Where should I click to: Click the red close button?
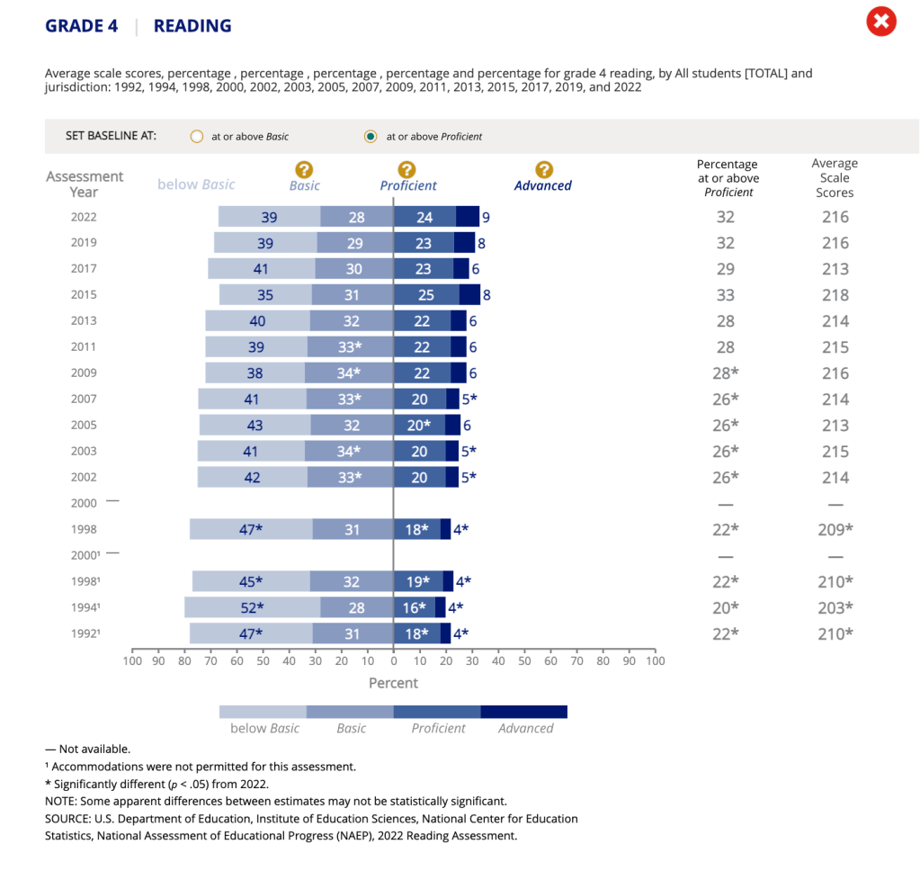(881, 22)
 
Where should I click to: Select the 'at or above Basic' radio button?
(197, 137)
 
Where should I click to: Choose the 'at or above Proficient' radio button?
(370, 137)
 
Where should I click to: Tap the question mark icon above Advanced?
(543, 169)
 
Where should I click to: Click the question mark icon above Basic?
(304, 169)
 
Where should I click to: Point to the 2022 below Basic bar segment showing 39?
(269, 217)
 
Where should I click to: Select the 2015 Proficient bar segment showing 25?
(426, 294)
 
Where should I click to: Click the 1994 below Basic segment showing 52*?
(252, 607)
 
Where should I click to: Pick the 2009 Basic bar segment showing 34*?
(349, 373)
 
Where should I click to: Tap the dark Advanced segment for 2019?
(464, 242)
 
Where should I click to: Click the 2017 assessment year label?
(83, 268)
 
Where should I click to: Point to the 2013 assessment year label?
(83, 320)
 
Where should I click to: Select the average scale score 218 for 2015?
(835, 295)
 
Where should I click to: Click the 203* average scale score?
(835, 607)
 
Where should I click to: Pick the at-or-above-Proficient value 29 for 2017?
(725, 268)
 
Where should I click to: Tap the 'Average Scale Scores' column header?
(835, 177)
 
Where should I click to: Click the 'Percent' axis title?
(393, 683)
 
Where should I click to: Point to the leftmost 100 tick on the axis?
(132, 661)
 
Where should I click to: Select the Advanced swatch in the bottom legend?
(523, 712)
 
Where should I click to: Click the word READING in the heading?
(192, 26)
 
